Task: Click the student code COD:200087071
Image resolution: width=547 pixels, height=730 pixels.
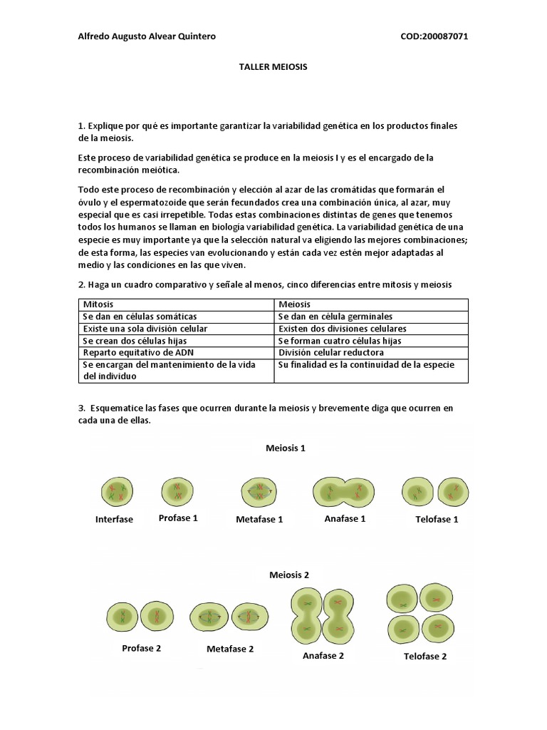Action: (434, 36)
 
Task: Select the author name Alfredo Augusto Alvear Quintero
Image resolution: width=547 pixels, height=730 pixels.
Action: (146, 36)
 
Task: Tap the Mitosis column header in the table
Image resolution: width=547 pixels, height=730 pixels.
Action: (98, 304)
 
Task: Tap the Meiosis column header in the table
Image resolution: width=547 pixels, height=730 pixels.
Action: (294, 304)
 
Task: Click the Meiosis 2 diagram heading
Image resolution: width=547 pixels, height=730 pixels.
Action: (289, 574)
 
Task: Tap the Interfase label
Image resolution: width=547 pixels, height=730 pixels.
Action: (114, 520)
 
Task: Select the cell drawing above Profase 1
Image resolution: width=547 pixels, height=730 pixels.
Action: (177, 491)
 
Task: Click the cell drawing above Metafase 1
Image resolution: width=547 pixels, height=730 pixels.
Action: (259, 491)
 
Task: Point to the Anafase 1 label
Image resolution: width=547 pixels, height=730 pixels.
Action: (345, 519)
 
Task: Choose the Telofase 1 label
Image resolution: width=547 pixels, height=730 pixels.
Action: (437, 520)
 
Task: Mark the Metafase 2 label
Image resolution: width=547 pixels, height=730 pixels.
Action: (230, 649)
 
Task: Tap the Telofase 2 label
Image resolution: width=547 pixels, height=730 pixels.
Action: (425, 657)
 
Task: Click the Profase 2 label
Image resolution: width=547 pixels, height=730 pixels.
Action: (141, 648)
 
